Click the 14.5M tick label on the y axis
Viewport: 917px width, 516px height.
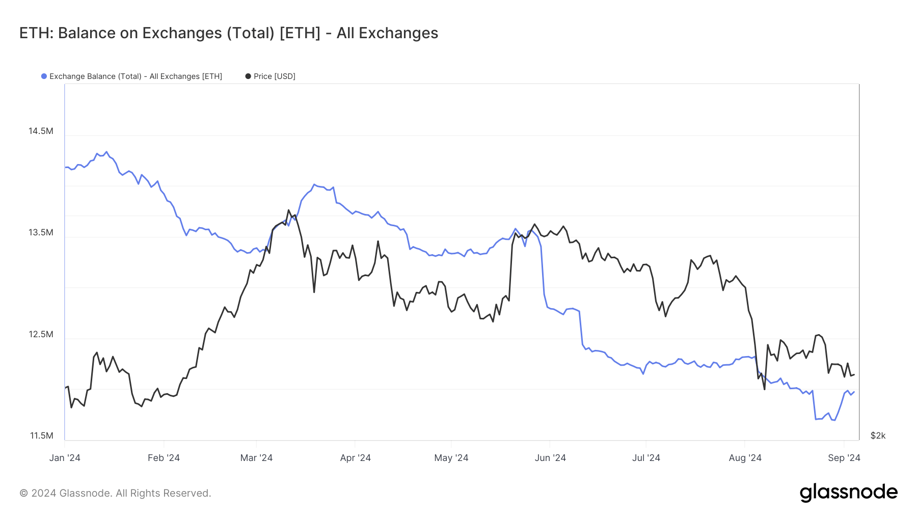tap(41, 131)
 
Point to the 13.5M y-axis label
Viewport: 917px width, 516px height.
tap(41, 232)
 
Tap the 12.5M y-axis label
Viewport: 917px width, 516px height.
tap(41, 334)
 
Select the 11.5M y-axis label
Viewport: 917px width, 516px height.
tap(41, 436)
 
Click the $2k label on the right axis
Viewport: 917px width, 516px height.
tap(878, 436)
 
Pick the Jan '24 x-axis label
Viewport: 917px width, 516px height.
tap(65, 457)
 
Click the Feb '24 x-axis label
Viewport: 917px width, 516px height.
tap(164, 457)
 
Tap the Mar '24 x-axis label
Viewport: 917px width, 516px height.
tap(256, 457)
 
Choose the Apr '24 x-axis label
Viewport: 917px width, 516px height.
tap(355, 457)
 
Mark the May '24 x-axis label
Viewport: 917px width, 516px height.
tap(451, 457)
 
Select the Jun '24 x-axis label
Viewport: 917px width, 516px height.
tap(550, 457)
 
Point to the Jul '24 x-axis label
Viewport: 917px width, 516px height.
tap(646, 457)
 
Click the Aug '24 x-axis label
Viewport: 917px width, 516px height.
tap(745, 457)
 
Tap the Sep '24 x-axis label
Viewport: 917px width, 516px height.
tap(844, 457)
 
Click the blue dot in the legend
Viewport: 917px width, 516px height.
tap(44, 76)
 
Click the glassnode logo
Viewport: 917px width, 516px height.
tap(848, 493)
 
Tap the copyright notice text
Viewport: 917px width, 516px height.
tap(115, 493)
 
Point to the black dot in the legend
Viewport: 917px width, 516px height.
tap(248, 76)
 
